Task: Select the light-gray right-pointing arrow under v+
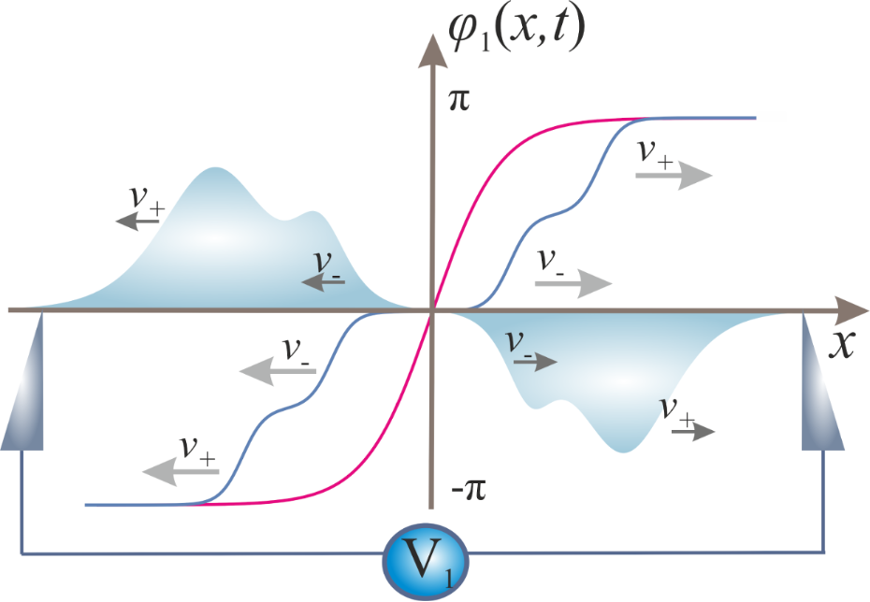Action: click(x=674, y=176)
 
